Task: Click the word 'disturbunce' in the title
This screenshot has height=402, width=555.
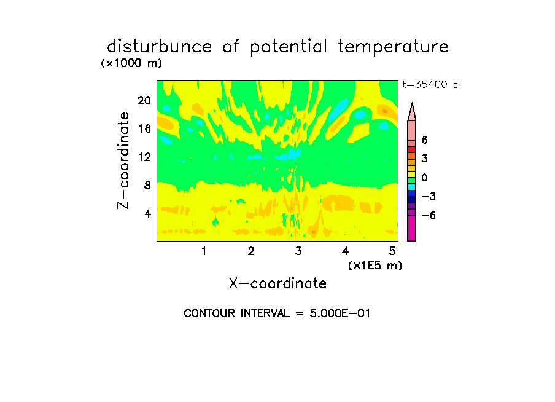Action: coord(160,47)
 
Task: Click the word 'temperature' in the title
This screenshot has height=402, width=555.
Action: coord(393,47)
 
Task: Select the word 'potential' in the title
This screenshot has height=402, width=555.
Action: coord(289,47)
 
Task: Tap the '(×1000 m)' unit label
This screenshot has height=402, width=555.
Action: coord(131,63)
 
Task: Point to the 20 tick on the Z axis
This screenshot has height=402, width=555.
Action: coord(144,101)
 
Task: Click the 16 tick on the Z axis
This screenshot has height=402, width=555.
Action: coord(144,128)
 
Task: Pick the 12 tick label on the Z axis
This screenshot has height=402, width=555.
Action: coord(144,157)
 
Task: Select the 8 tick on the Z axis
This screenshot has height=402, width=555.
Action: coord(147,185)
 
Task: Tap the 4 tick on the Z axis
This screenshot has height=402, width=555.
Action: coord(147,213)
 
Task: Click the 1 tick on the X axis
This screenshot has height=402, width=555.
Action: coord(204,251)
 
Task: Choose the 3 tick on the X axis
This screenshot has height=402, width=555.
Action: coord(298,251)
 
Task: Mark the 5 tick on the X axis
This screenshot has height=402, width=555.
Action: coord(392,251)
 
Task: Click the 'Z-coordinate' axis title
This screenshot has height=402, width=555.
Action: coord(123,160)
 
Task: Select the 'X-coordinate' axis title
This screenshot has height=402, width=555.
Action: coord(277,283)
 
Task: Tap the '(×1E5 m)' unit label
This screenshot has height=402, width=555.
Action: coord(375,266)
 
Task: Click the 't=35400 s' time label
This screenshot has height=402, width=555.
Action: coord(430,85)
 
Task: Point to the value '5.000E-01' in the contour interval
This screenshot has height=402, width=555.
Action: coord(340,313)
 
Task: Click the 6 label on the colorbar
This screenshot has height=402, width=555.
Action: coord(425,140)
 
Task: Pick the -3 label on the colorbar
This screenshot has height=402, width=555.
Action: coord(429,197)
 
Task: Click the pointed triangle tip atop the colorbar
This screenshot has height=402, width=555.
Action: coord(412,103)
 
